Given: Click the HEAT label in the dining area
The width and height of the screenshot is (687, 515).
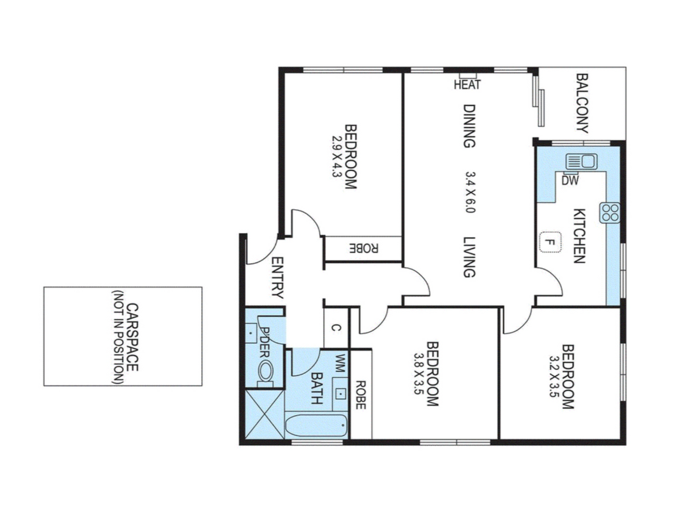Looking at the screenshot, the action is click(467, 85).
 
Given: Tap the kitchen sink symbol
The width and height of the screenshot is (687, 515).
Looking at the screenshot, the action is click(581, 162).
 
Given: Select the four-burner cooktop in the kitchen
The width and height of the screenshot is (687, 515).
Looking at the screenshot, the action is click(610, 213).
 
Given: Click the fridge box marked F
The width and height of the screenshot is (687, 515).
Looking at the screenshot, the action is click(550, 242).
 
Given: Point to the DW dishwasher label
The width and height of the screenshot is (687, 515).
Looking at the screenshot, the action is click(570, 180).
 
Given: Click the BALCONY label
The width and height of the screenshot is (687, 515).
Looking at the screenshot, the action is click(582, 103).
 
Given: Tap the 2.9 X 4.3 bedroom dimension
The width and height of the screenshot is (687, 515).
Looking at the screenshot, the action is click(336, 157).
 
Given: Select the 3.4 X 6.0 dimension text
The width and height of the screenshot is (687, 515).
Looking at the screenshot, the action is click(470, 192).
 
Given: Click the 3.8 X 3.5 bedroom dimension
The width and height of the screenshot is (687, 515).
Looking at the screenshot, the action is click(419, 374).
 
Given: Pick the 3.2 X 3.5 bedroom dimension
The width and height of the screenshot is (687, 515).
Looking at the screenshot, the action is click(554, 376).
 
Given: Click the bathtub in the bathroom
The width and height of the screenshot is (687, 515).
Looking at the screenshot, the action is click(316, 425).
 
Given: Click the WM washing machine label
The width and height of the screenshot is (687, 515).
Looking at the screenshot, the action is click(340, 363).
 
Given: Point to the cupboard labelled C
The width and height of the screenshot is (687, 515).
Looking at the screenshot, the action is click(336, 328).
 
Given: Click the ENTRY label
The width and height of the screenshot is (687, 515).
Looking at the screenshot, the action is click(277, 278).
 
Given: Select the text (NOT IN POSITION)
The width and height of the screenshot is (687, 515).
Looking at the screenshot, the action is click(118, 337).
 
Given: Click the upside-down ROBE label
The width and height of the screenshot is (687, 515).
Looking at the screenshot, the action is click(364, 248).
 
